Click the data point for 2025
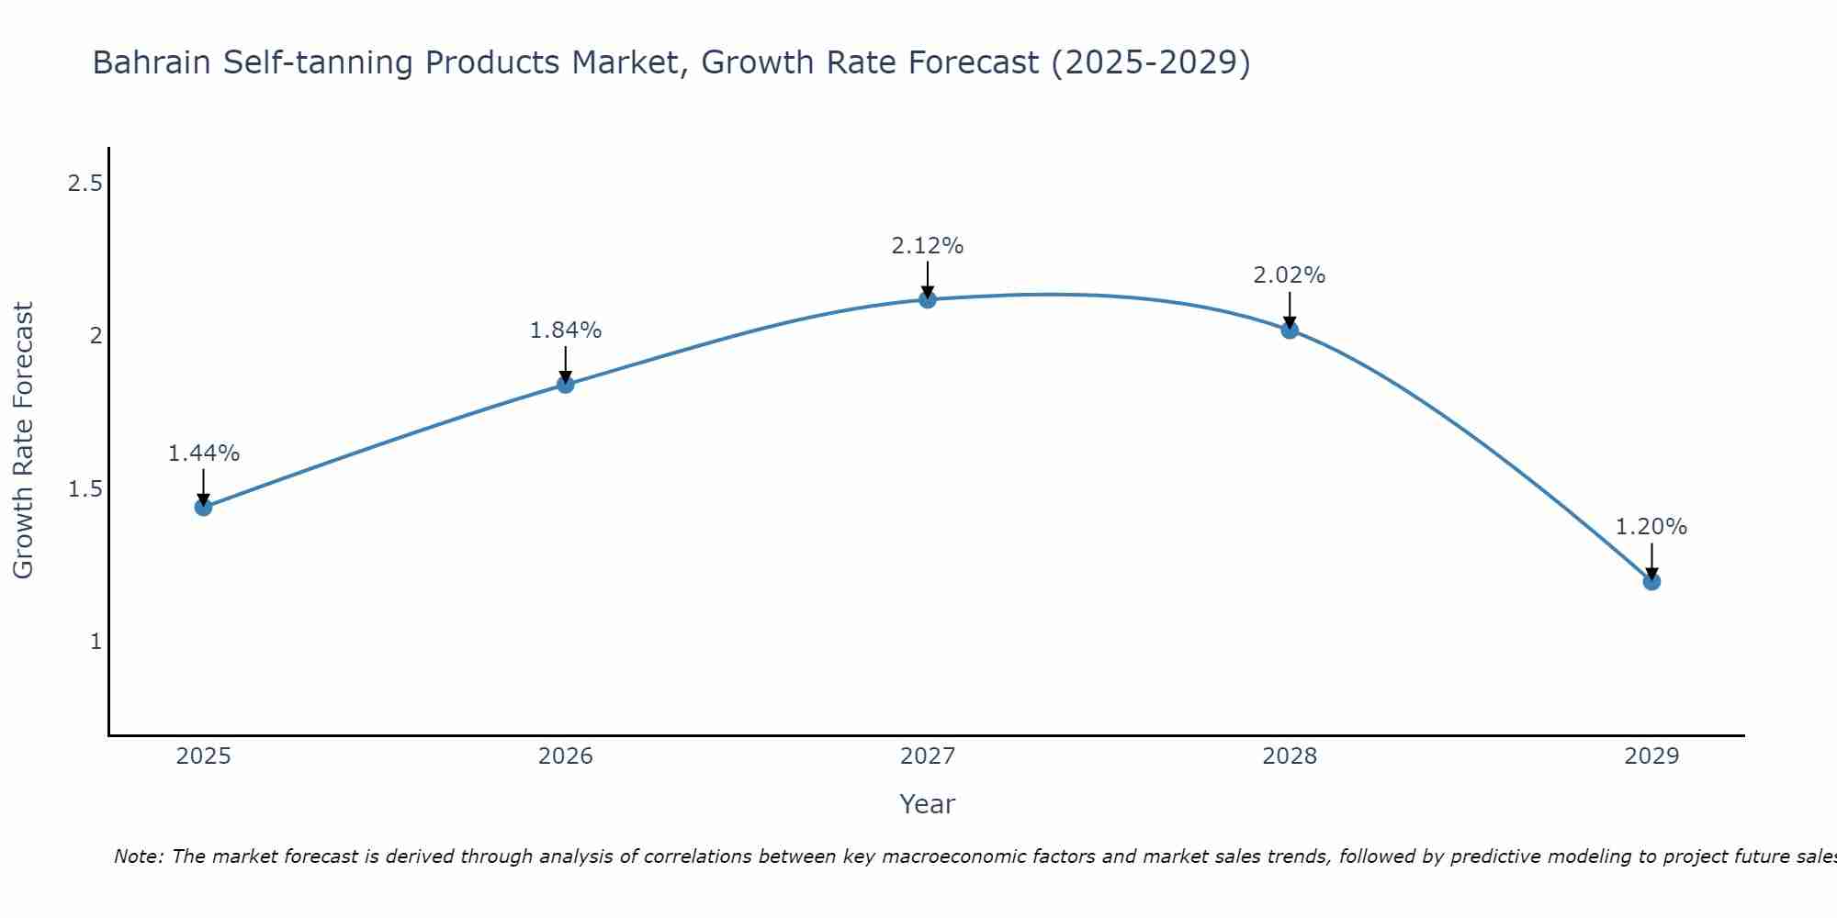click(x=204, y=507)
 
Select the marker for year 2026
click(x=566, y=385)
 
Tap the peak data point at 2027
click(x=928, y=299)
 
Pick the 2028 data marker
click(x=1290, y=330)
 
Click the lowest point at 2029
click(x=1651, y=581)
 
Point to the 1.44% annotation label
click(x=204, y=453)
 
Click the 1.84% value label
click(x=566, y=330)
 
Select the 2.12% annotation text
click(x=928, y=246)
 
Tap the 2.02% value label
click(x=1290, y=275)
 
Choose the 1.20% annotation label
click(x=1651, y=527)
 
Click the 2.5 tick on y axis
click(x=85, y=184)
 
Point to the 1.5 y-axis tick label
click(x=85, y=488)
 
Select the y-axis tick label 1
click(x=96, y=641)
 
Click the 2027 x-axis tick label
click(x=928, y=756)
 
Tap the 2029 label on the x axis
click(x=1651, y=756)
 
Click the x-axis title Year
click(x=928, y=804)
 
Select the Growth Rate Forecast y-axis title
click(x=24, y=441)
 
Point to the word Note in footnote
click(x=138, y=856)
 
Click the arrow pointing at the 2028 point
click(x=1290, y=309)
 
